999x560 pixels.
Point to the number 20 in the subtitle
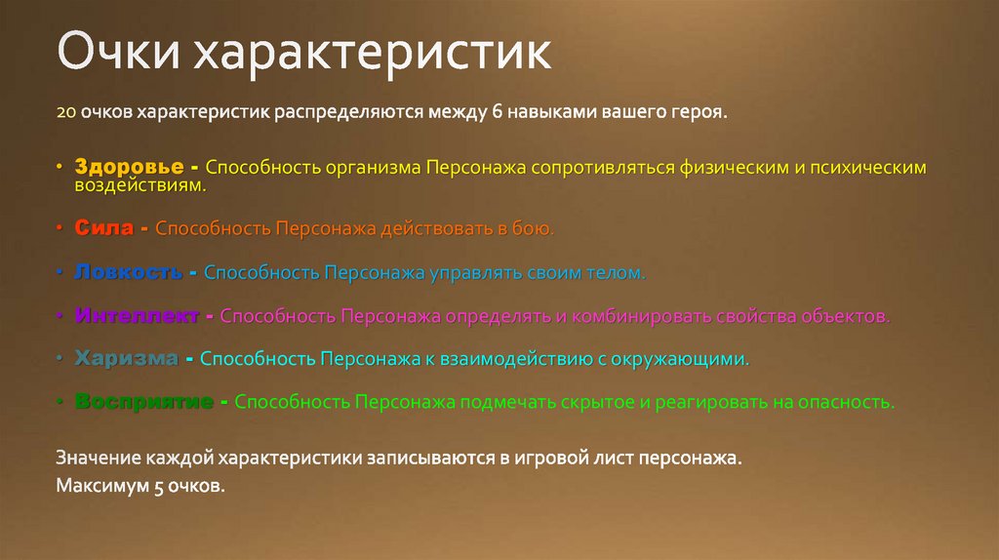click(x=66, y=113)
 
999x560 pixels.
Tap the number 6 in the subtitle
click(x=497, y=113)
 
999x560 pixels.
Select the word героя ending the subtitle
click(x=699, y=113)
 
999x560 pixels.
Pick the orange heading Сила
click(x=104, y=229)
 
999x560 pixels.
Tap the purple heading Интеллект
click(x=138, y=317)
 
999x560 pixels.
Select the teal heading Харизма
click(x=127, y=359)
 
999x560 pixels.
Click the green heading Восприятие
click(x=143, y=401)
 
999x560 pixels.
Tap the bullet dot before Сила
click(x=61, y=228)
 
